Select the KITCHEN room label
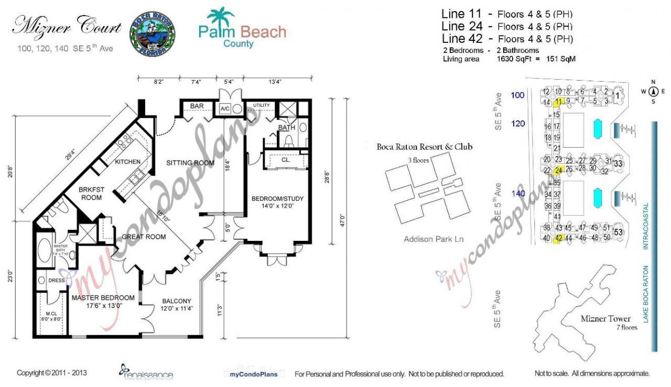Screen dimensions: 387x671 [x=128, y=162]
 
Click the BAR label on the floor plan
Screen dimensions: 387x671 [x=197, y=106]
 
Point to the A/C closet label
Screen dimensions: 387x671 [x=225, y=108]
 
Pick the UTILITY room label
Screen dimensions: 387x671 [x=262, y=106]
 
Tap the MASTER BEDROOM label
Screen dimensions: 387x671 [x=103, y=298]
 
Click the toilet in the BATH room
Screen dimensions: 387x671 [x=288, y=140]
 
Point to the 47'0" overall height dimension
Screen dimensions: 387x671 [x=342, y=218]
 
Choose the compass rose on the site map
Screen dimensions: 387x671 [x=653, y=92]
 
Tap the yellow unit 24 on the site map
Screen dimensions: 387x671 [x=558, y=170]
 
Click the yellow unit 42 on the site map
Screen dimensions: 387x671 [x=559, y=238]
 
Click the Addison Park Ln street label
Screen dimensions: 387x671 [x=435, y=239]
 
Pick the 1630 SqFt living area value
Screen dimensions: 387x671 [x=515, y=59]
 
